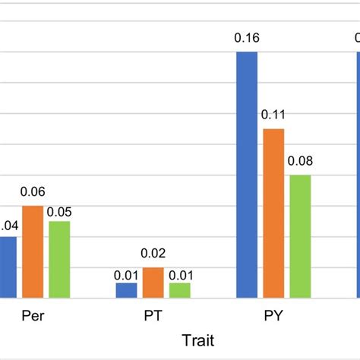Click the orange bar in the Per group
pos(33,252)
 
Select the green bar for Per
pos(58,260)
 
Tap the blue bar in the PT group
pos(126,290)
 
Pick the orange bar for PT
pos(153,283)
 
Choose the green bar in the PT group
pos(179,290)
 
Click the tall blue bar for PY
pos(247,175)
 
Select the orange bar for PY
pos(273,213)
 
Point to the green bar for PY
pos(300,236)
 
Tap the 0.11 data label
pos(273,115)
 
